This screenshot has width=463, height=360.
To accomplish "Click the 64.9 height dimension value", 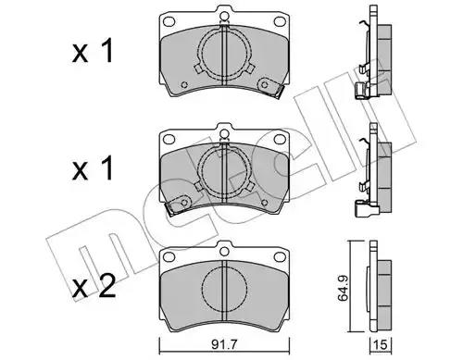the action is [344, 288].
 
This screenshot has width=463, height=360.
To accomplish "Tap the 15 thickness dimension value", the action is [381, 344].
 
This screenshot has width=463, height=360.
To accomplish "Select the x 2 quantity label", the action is [94, 288].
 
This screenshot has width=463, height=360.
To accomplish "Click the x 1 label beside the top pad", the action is [93, 52].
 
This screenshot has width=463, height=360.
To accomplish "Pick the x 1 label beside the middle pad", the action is [93, 169].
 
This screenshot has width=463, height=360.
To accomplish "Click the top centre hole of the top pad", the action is [224, 16].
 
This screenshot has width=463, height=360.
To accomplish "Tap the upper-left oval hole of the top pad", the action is [169, 21].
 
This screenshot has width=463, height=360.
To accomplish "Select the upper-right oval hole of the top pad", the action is [280, 21].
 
